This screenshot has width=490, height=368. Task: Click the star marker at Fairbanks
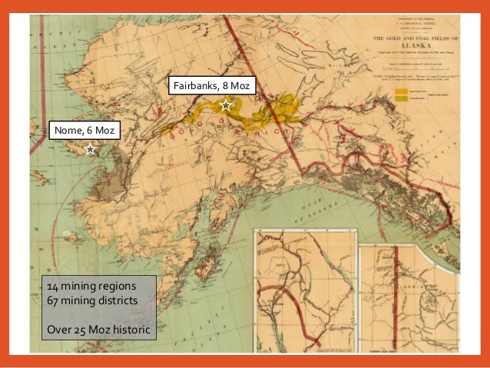coord(225,105)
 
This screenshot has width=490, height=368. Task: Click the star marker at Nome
coord(91,150)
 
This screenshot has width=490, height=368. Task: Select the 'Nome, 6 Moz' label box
coord(84,131)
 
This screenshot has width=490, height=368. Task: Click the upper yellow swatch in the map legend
coord(401,91)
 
